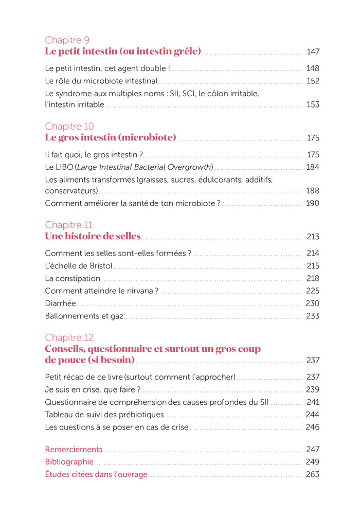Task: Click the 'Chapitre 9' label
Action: click(68, 40)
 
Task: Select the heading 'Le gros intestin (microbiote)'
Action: click(111, 137)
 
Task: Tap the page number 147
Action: click(313, 51)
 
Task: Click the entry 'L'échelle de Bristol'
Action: click(79, 266)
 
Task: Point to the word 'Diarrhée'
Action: click(60, 303)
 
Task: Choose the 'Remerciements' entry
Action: click(74, 450)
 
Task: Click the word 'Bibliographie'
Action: click(69, 462)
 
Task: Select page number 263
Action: click(312, 474)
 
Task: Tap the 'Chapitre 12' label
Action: click(69, 338)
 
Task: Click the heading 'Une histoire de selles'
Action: click(93, 236)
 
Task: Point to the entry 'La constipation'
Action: click(73, 278)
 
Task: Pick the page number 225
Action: click(312, 291)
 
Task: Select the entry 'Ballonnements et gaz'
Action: click(84, 316)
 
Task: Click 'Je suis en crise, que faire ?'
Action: click(93, 389)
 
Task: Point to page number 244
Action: click(312, 415)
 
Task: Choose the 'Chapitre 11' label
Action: click(68, 225)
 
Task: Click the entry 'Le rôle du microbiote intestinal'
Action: click(101, 81)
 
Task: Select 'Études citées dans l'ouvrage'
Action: click(96, 474)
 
